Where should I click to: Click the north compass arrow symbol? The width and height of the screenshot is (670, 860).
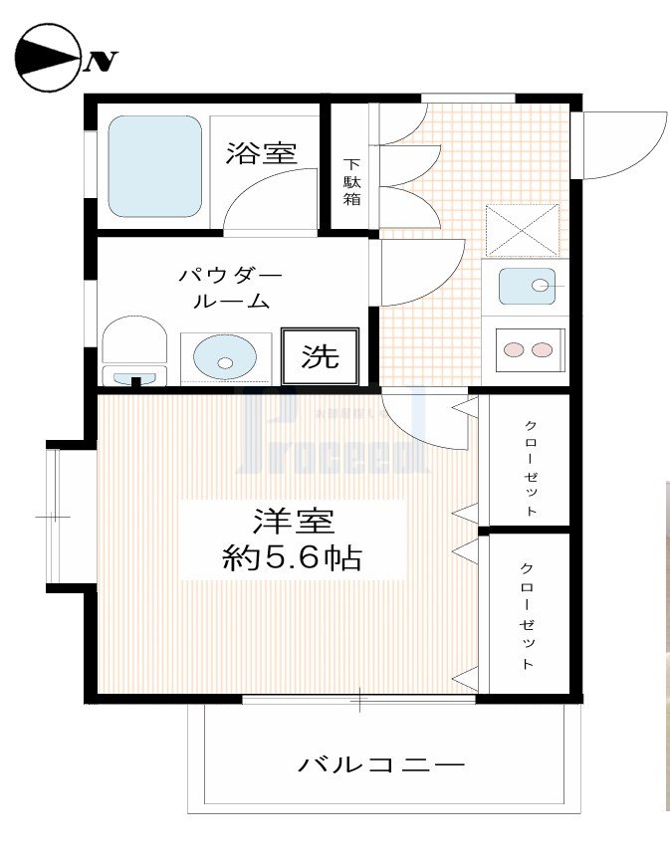click(48, 60)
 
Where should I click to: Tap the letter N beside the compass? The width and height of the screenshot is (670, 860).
click(101, 63)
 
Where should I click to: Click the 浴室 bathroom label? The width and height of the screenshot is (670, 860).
click(261, 153)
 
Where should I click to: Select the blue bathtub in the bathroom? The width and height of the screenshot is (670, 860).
click(154, 166)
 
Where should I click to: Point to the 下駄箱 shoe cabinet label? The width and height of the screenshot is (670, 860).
click(352, 182)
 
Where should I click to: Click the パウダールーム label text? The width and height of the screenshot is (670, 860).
click(230, 288)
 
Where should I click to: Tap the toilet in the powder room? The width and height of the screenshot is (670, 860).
click(133, 350)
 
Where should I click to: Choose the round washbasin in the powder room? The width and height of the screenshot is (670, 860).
click(224, 356)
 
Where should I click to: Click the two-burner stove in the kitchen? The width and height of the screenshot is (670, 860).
click(529, 349)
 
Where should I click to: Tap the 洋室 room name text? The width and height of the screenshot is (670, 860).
click(293, 522)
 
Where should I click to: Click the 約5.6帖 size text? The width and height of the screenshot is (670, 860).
click(292, 557)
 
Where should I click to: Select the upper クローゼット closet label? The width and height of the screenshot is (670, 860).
click(531, 467)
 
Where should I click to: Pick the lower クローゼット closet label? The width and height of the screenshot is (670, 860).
click(527, 614)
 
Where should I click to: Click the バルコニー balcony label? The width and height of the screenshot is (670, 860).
click(381, 765)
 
